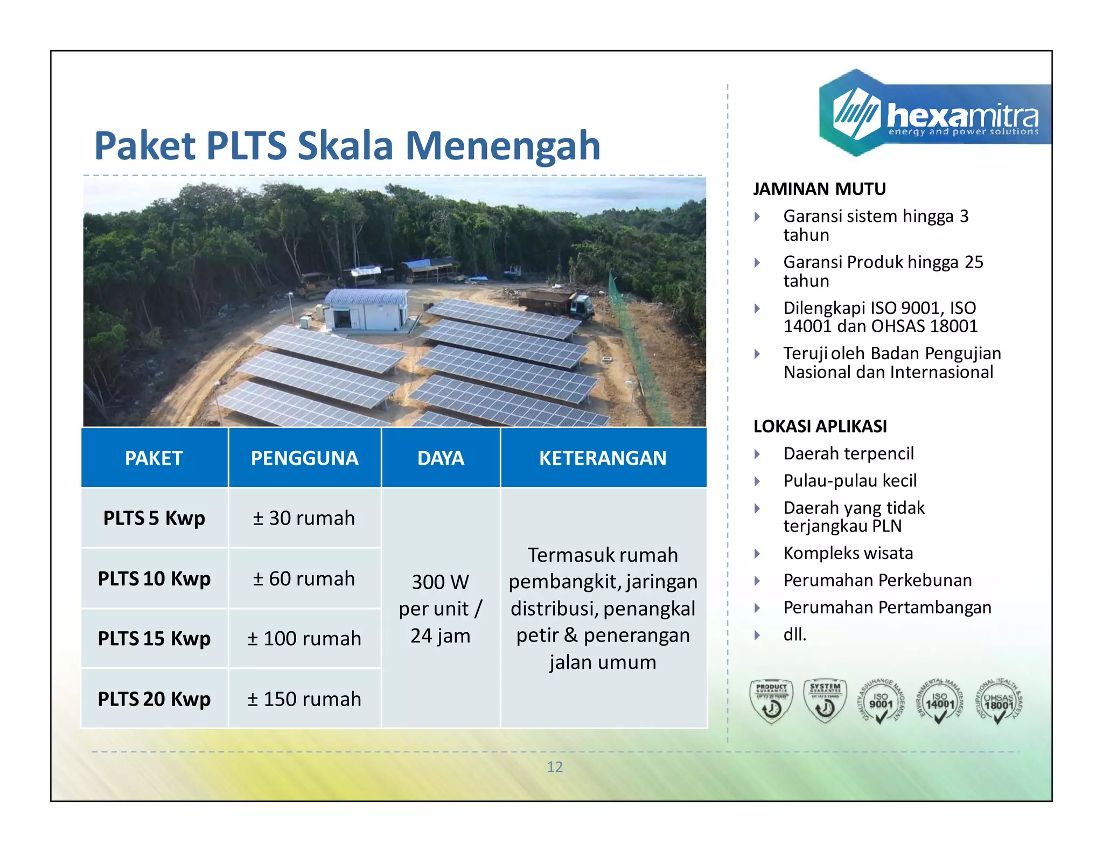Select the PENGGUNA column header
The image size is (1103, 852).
pos(304,458)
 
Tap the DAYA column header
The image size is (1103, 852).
pos(441,458)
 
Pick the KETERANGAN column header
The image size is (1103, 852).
pos(603,458)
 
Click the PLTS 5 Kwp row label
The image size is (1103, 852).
pos(154,518)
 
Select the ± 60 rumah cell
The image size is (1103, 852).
pos(304,579)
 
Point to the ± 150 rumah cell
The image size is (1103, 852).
pos(304,699)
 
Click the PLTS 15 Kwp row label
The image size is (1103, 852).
pos(154,639)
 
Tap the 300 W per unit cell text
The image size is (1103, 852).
pos(440,609)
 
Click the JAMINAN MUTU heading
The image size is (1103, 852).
pos(819,189)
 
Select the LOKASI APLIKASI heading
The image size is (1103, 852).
pos(820,427)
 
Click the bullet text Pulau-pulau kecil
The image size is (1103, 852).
pos(850,481)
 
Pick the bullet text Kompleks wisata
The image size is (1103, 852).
pos(848,553)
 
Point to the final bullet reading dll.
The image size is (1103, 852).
pos(795,635)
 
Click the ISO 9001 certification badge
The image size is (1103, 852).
pos(881,702)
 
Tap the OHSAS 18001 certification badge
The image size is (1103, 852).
pos(999,702)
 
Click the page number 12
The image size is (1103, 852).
pos(555,767)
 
